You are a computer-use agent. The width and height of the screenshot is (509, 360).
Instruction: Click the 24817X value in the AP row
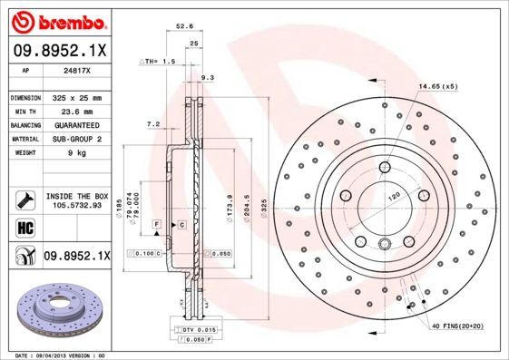(x=75, y=69)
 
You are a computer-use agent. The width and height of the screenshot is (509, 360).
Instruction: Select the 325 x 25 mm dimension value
(x=75, y=97)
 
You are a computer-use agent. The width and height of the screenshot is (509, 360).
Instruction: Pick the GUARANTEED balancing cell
(x=75, y=125)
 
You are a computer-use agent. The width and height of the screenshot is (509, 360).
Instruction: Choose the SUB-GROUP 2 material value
(x=75, y=139)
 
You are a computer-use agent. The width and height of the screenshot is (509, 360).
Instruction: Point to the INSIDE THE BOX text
(x=75, y=196)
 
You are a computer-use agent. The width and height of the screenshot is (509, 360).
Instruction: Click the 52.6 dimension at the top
(x=184, y=26)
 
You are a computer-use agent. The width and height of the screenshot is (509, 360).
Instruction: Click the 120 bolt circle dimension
(x=394, y=195)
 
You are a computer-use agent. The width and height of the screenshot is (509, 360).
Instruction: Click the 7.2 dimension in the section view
(x=152, y=123)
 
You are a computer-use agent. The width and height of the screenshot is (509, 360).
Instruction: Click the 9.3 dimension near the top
(x=207, y=78)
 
